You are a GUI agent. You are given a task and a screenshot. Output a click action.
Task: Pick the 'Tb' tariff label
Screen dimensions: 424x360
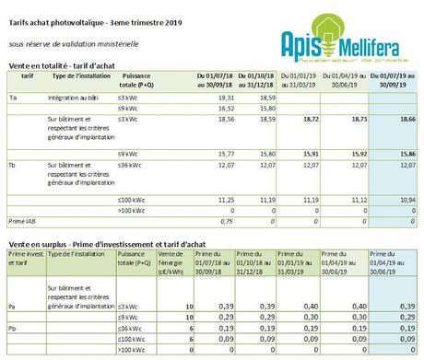coord(12,164)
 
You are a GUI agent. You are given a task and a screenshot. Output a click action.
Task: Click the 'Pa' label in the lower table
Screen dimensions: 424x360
coord(12,304)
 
